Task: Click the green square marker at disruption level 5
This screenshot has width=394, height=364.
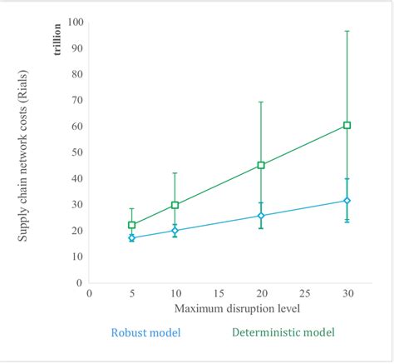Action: click(x=131, y=225)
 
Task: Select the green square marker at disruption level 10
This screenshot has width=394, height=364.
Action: click(x=175, y=205)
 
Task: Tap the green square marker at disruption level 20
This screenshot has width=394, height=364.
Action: click(x=261, y=165)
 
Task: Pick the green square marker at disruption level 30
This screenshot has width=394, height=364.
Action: click(x=347, y=125)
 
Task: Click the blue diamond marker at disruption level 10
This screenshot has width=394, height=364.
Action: click(x=175, y=230)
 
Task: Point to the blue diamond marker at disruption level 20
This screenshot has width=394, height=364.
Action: click(x=261, y=216)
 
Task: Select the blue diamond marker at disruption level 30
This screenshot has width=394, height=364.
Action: click(x=347, y=201)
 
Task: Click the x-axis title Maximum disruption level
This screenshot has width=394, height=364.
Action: click(x=217, y=308)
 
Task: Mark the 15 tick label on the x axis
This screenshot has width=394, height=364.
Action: click(x=217, y=293)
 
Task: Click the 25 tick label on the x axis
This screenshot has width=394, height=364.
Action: click(x=304, y=293)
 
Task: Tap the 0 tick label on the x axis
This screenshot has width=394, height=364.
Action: click(x=88, y=293)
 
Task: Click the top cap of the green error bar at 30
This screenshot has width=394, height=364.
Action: click(x=347, y=31)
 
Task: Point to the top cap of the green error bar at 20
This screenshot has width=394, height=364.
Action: click(x=261, y=102)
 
